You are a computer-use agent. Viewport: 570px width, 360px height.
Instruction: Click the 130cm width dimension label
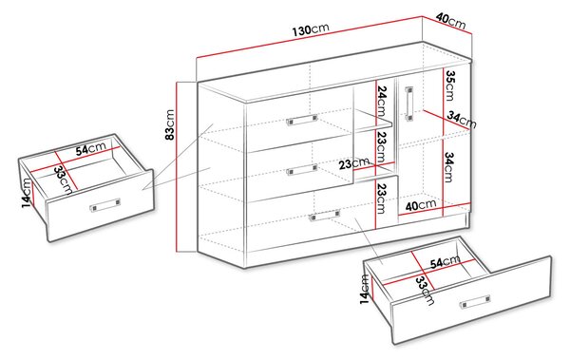[x=311, y=29]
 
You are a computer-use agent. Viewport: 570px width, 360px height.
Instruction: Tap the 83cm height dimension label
[x=170, y=124]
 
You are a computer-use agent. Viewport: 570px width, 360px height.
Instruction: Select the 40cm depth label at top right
[x=450, y=20]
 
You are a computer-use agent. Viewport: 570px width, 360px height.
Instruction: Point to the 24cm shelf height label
[x=382, y=101]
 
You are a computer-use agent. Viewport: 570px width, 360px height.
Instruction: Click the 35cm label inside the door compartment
[x=450, y=85]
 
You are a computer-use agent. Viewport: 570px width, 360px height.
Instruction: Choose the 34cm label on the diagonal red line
[x=462, y=120]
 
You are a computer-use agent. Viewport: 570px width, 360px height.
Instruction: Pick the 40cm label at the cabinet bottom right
[x=421, y=205]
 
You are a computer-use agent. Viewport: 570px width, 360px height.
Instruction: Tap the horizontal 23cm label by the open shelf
[x=354, y=163]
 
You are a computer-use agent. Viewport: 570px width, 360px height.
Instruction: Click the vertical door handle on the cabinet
[x=409, y=104]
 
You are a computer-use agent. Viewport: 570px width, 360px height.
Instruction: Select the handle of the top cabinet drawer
[x=302, y=120]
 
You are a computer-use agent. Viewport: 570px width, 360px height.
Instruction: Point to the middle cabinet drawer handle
[x=301, y=169]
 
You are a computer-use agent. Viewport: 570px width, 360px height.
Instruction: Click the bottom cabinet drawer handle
[x=324, y=216]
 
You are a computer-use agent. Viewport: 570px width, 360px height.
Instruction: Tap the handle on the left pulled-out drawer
[x=105, y=205]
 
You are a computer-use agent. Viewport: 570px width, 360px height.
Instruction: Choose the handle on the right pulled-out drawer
[x=475, y=302]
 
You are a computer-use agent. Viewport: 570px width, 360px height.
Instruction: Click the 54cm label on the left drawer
[x=91, y=149]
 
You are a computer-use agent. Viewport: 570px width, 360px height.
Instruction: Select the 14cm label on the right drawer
[x=365, y=289]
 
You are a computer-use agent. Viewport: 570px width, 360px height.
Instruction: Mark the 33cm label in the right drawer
[x=425, y=290]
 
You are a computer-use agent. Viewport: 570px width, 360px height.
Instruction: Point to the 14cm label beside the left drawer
[x=27, y=193]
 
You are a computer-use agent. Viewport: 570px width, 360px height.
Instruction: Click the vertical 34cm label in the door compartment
[x=448, y=167]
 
